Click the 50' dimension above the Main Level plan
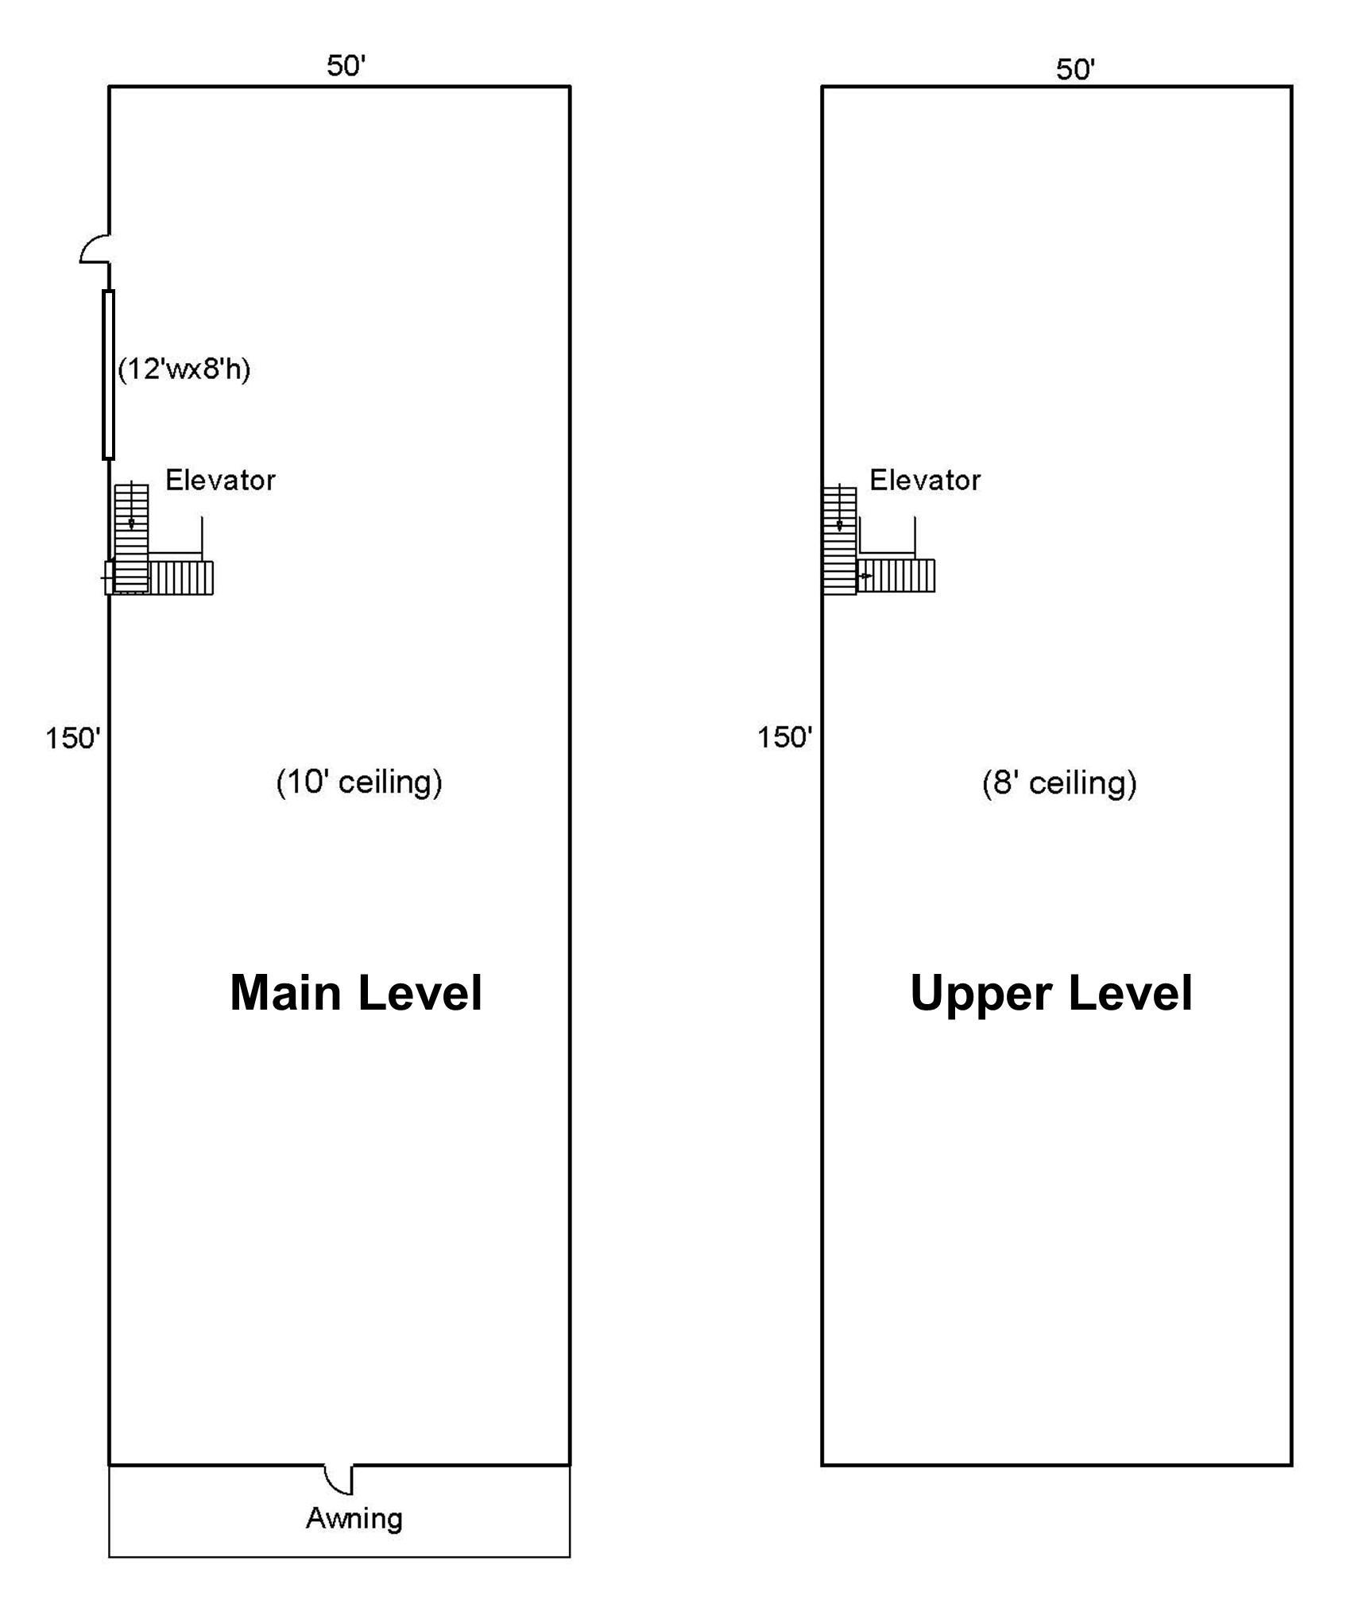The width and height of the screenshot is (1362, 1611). (x=346, y=65)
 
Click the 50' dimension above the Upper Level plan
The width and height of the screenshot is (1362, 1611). (x=1075, y=69)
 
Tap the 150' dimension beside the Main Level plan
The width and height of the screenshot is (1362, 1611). (x=73, y=738)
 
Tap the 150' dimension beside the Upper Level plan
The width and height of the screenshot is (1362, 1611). (x=784, y=737)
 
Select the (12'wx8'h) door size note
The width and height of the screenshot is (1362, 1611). (x=184, y=369)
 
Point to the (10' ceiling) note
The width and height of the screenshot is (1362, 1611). (x=359, y=782)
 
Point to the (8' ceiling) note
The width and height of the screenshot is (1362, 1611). (x=1059, y=783)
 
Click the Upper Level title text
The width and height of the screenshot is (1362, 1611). (x=1051, y=993)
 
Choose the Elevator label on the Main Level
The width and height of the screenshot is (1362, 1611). (x=220, y=480)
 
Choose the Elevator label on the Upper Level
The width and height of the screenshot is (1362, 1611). (x=925, y=480)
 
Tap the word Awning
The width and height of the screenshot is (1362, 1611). (x=354, y=1518)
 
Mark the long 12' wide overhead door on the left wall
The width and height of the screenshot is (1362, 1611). (x=108, y=375)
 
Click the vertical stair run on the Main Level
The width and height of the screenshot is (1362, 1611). (x=131, y=539)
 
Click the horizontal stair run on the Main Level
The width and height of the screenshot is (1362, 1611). (x=181, y=578)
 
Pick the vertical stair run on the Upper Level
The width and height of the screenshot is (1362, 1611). (x=839, y=540)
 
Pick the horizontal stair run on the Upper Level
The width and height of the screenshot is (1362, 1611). (x=896, y=576)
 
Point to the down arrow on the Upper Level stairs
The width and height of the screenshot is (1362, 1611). (x=839, y=508)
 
